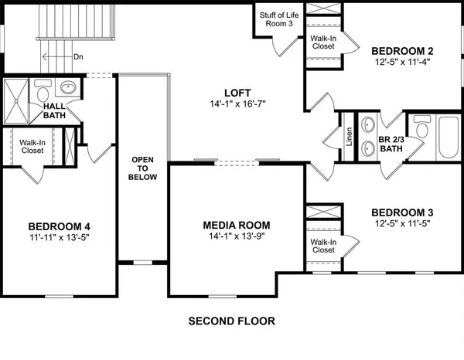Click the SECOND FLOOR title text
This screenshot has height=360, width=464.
pos(231,321)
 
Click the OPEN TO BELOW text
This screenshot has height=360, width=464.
pos(144,168)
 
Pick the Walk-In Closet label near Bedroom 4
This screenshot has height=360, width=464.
pos(32,147)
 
